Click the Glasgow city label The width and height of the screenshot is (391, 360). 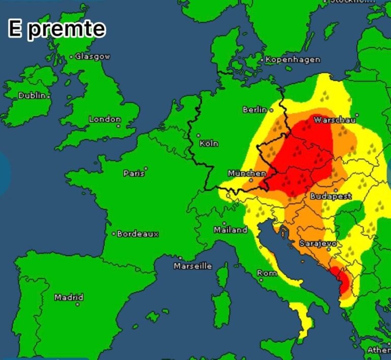point(93,57)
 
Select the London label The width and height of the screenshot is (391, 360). point(105,119)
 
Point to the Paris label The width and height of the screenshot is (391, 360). point(134,173)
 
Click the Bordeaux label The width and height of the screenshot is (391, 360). point(138,234)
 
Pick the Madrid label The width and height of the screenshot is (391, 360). point(69,297)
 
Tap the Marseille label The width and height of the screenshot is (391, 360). point(192,266)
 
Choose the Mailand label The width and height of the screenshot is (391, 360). point(230,230)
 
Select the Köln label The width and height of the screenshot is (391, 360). point(209,144)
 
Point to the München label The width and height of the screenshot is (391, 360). point(247,173)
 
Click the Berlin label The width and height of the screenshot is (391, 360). point(255,109)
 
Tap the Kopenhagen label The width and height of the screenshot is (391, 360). point(293,60)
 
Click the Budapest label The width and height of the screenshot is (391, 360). point(331,196)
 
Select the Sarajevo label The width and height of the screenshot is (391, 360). point(317,243)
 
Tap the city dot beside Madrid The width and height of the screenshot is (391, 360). point(77,304)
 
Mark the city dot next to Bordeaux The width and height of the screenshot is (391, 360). point(114,234)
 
